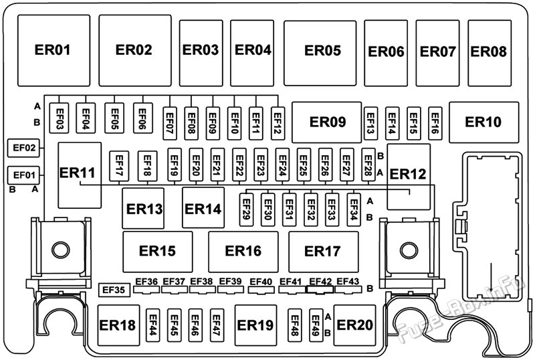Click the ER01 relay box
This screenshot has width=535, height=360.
point(54,51)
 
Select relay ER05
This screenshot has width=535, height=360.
point(320,53)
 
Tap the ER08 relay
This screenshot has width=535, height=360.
point(490,53)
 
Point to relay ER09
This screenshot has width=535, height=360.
point(326,122)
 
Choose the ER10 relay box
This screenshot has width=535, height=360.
point(484,122)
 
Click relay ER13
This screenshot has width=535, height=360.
point(143,208)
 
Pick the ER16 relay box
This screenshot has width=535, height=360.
point(243,252)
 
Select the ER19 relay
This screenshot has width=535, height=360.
point(255,325)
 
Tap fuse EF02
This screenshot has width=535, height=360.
point(23,148)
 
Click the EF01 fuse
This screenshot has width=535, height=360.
point(23,175)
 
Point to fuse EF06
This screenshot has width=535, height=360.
point(142,118)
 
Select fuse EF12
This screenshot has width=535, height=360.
point(278,123)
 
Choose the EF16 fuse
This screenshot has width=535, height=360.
point(435,123)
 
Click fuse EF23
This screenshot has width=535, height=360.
point(261,165)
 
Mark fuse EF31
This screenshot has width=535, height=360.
point(290,209)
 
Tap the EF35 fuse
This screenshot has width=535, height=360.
point(114,290)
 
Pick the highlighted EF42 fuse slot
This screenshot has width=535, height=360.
point(320,290)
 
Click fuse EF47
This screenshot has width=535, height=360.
point(217,325)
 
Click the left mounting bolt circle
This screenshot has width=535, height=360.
point(61,250)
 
